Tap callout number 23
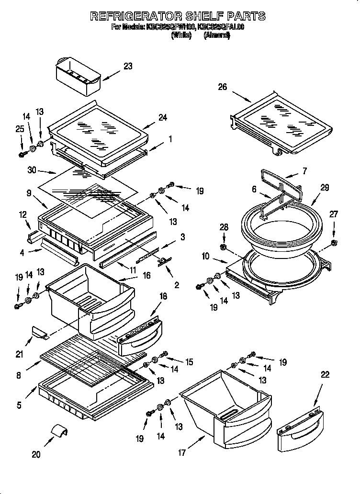[x=127, y=67]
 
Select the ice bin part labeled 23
[x=77, y=77]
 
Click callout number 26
[x=222, y=87]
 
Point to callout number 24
[x=162, y=117]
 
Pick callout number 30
[x=32, y=169]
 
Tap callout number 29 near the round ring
[x=325, y=188]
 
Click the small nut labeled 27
[x=334, y=244]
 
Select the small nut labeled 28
[x=224, y=247]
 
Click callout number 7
[x=304, y=171]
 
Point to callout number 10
[x=205, y=257]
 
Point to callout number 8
[x=18, y=376]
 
